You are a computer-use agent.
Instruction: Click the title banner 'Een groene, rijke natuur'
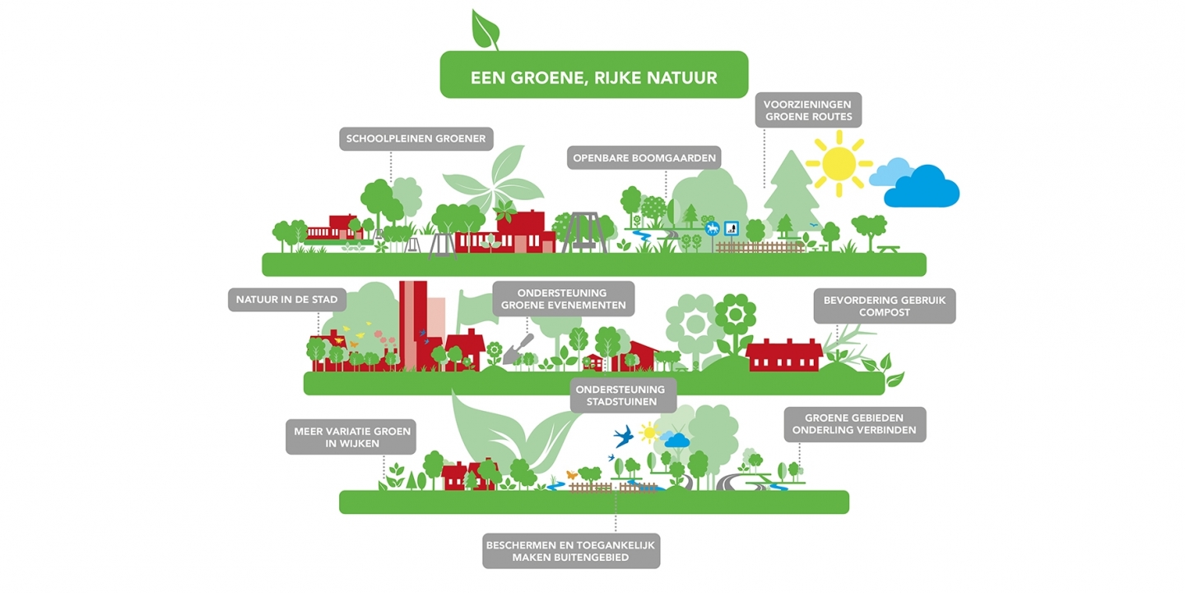click(594, 75)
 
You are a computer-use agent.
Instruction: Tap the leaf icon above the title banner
click(486, 30)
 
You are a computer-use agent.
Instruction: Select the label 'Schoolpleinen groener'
click(416, 138)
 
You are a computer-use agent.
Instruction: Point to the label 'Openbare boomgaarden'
click(644, 158)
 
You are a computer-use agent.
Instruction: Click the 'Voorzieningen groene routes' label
click(808, 110)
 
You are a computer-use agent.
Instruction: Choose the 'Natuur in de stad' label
click(286, 300)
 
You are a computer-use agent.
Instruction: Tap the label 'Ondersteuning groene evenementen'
click(564, 299)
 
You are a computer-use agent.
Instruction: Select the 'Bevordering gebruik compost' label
click(885, 306)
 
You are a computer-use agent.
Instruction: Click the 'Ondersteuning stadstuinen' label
click(623, 395)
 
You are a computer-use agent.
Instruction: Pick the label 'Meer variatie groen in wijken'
click(351, 437)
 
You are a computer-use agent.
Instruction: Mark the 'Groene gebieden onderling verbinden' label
click(855, 424)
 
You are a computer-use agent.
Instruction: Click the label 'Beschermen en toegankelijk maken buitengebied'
click(571, 551)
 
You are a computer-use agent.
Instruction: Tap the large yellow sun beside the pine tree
click(839, 164)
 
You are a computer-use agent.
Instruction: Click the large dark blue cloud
click(922, 186)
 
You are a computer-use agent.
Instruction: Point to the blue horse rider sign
click(713, 229)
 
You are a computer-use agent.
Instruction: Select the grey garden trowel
click(518, 349)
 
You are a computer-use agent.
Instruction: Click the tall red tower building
click(413, 325)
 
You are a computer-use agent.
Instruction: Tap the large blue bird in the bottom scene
click(624, 436)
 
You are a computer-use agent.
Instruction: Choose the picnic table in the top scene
click(888, 249)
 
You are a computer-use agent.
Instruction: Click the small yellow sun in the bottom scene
click(648, 432)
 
